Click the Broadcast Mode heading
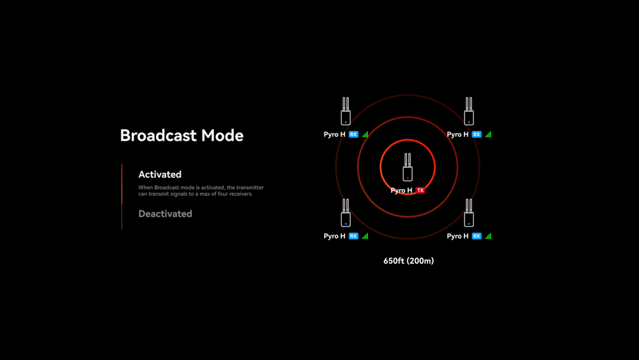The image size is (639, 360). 181,136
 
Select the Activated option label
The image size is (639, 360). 160,175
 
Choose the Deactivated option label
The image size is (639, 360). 165,214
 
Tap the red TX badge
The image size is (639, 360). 420,191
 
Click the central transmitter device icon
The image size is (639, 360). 408,167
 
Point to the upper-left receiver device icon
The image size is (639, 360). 346,111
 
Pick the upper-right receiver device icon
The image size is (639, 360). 468,111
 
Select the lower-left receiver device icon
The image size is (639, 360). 346,213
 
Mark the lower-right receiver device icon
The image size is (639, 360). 468,213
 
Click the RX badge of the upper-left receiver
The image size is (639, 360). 353,134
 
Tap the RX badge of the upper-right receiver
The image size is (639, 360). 477,134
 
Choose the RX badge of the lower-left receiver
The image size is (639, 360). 353,236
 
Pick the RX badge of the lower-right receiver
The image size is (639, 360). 477,236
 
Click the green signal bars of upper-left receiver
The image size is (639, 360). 365,134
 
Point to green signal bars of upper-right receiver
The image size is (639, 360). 488,134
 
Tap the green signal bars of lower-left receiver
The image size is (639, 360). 365,236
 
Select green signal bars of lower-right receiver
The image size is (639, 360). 488,236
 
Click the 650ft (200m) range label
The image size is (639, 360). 409,261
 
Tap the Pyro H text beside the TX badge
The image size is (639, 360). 401,191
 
